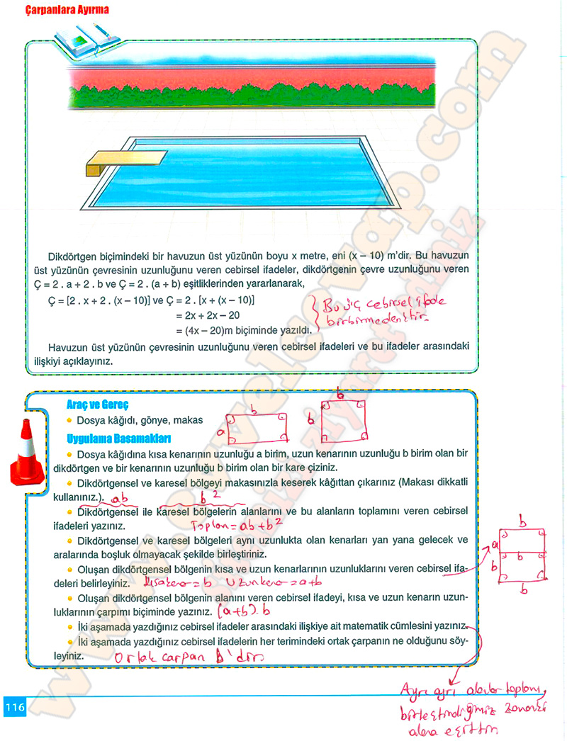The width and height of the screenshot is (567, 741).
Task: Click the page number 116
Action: point(15,706)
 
